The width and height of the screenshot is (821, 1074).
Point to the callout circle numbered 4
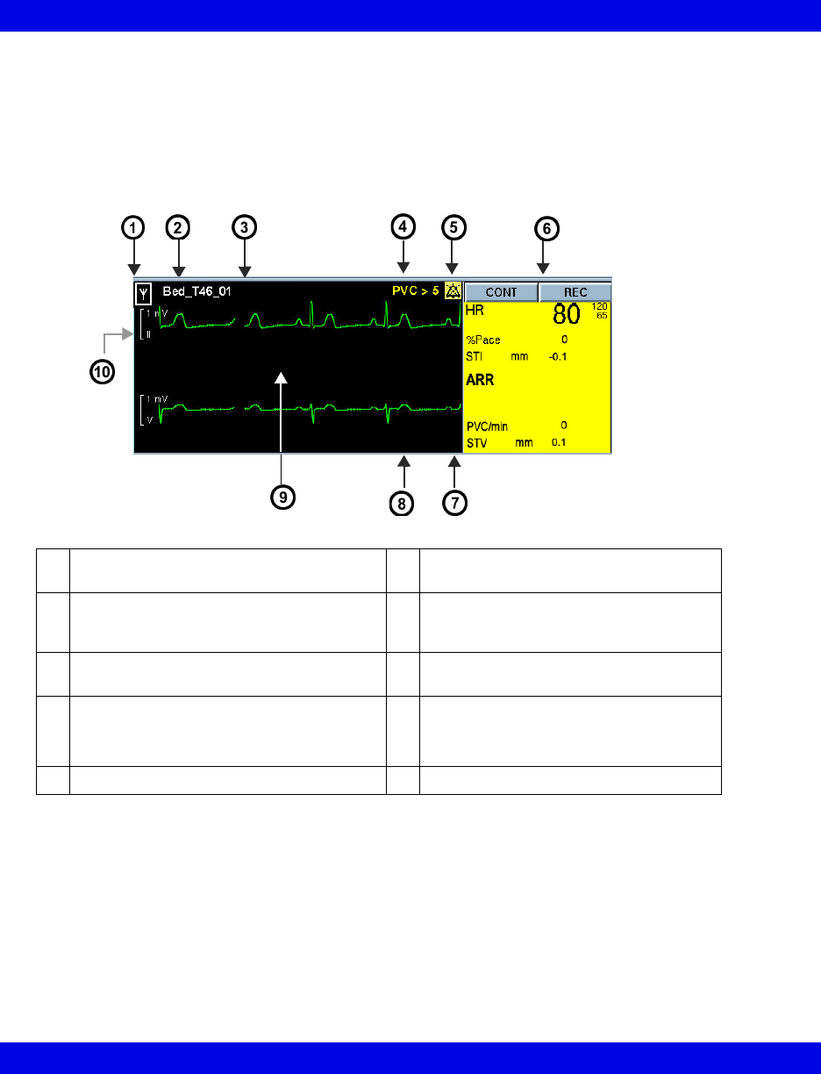(403, 227)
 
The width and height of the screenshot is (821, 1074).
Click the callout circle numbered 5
(453, 227)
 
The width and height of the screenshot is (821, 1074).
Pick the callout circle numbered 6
(545, 228)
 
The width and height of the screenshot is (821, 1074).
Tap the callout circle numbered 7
(454, 504)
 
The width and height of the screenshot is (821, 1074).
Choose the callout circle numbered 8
(402, 504)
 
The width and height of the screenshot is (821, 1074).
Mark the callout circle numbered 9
(281, 496)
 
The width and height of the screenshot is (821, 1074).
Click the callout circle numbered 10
(103, 371)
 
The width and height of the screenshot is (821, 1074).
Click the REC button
(575, 292)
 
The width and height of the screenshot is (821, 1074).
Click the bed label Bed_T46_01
(197, 291)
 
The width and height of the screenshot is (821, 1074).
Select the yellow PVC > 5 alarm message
(416, 290)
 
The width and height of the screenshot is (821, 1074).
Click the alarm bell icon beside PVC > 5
(453, 291)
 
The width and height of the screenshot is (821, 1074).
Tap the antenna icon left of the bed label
(141, 292)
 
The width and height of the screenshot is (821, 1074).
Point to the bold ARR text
(481, 380)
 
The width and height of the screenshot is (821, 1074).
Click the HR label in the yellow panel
(475, 311)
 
